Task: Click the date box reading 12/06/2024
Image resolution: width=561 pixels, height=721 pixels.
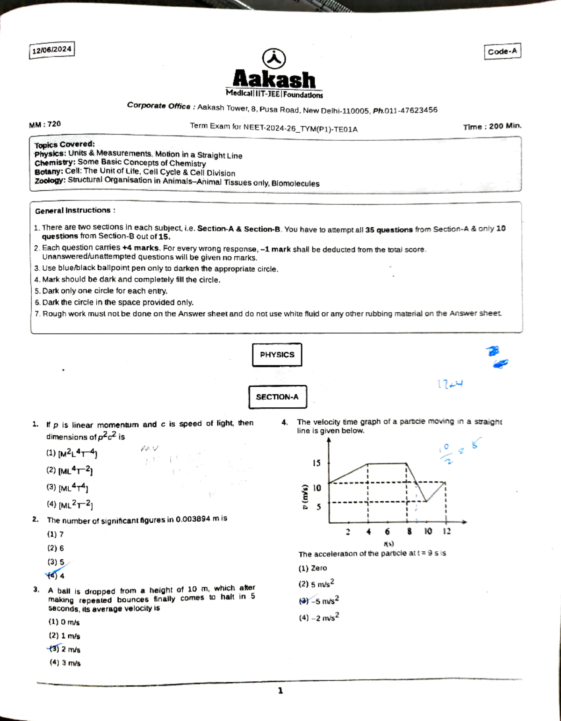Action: (x=51, y=50)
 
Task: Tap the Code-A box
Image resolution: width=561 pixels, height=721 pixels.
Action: (x=502, y=51)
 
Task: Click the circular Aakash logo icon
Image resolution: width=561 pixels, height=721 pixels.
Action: (x=274, y=58)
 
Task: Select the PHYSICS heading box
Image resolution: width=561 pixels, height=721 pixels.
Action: (x=277, y=355)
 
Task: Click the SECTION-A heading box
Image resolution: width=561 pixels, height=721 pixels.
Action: (x=277, y=397)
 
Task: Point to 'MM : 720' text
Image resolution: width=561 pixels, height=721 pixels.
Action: (x=45, y=124)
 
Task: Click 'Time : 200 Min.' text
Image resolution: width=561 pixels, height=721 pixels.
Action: (x=492, y=126)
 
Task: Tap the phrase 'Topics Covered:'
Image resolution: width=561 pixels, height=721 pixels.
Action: (x=64, y=144)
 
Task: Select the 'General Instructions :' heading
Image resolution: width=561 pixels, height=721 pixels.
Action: (x=75, y=210)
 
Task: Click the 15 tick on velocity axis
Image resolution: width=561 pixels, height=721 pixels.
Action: (x=316, y=463)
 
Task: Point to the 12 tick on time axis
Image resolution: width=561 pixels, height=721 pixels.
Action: (x=446, y=531)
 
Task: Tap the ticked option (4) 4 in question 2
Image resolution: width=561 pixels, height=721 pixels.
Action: (x=56, y=576)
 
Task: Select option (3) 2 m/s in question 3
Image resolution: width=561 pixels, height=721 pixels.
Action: (x=65, y=649)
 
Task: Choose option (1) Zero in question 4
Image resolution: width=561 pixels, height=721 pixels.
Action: (x=313, y=568)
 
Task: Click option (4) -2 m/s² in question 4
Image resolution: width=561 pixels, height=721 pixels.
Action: (x=318, y=618)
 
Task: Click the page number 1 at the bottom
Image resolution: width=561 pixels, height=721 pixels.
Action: (x=280, y=691)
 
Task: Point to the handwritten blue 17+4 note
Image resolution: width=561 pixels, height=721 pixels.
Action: (x=450, y=384)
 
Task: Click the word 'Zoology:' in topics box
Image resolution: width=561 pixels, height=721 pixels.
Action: (x=50, y=180)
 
